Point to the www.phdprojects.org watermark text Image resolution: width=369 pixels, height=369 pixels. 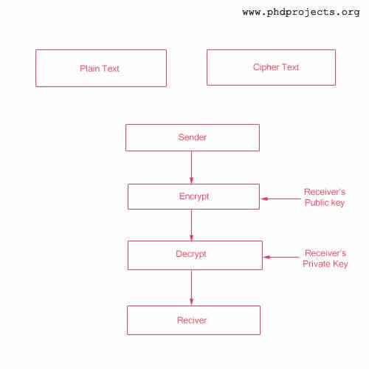(x=301, y=13)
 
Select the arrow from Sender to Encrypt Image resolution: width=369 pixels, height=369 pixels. (x=191, y=168)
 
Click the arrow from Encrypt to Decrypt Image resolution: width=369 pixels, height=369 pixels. (x=191, y=225)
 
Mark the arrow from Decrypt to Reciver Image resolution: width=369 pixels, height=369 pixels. (x=191, y=288)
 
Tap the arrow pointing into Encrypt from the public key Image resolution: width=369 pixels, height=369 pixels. (x=280, y=199)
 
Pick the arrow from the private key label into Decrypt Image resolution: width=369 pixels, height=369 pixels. (x=281, y=257)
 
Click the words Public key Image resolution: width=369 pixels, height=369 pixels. (x=325, y=203)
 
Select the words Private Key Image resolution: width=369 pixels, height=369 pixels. (x=325, y=264)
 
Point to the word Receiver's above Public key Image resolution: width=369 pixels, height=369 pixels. (x=325, y=192)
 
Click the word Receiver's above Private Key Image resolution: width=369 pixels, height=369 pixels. (x=325, y=253)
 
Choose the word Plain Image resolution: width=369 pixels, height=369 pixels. (x=89, y=69)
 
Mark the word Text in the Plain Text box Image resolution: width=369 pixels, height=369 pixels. (x=111, y=69)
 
